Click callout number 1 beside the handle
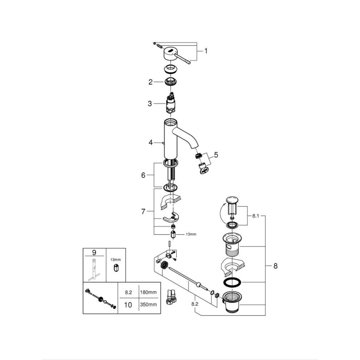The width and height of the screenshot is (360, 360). (206, 51)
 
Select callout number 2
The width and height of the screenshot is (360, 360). (150, 82)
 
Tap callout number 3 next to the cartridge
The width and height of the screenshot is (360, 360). (150, 103)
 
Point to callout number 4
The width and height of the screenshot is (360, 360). (150, 142)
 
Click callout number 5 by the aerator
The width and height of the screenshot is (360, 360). (216, 154)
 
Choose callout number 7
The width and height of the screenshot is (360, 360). (143, 212)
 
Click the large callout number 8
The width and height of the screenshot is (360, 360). (275, 265)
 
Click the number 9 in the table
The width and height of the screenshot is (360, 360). (94, 252)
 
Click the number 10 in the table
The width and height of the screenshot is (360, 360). (128, 305)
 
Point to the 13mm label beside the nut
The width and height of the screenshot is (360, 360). (190, 234)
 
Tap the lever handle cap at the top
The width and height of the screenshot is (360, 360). (172, 53)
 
